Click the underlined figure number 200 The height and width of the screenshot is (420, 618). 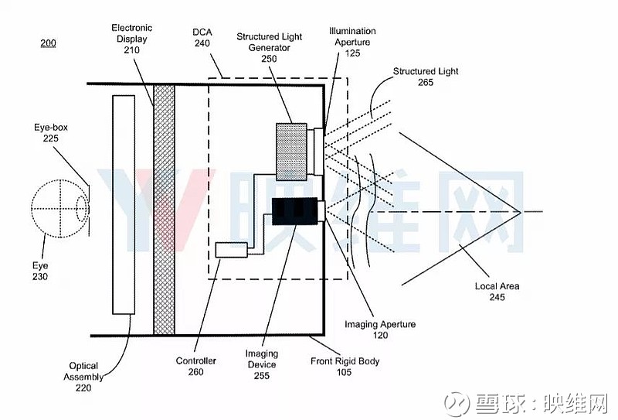coord(48,43)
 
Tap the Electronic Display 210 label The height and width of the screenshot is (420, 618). coord(131,39)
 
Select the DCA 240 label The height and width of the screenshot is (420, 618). coord(202,37)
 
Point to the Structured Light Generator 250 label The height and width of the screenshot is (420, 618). coord(269,47)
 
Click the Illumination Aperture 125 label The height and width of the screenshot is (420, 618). coord(352,42)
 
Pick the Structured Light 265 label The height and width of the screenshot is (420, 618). coord(426,77)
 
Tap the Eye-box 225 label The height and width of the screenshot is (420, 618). coord(51,132)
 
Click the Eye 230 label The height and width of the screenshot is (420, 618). coord(40,271)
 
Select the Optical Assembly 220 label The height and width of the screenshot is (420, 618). coord(83,377)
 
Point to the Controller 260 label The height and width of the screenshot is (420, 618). coord(196,366)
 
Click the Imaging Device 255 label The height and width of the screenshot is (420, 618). coord(262,364)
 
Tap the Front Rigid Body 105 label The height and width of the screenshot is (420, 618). coord(345,367)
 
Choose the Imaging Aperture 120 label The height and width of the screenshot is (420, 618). coord(380,330)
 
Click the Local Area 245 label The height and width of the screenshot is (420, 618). coord(497,292)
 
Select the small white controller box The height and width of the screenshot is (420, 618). coord(231,250)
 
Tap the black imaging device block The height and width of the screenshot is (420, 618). coord(295,211)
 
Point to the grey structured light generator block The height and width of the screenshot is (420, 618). coord(292,152)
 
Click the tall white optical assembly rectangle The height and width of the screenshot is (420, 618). coord(124,204)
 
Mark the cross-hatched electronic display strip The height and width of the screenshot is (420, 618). coord(164,210)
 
